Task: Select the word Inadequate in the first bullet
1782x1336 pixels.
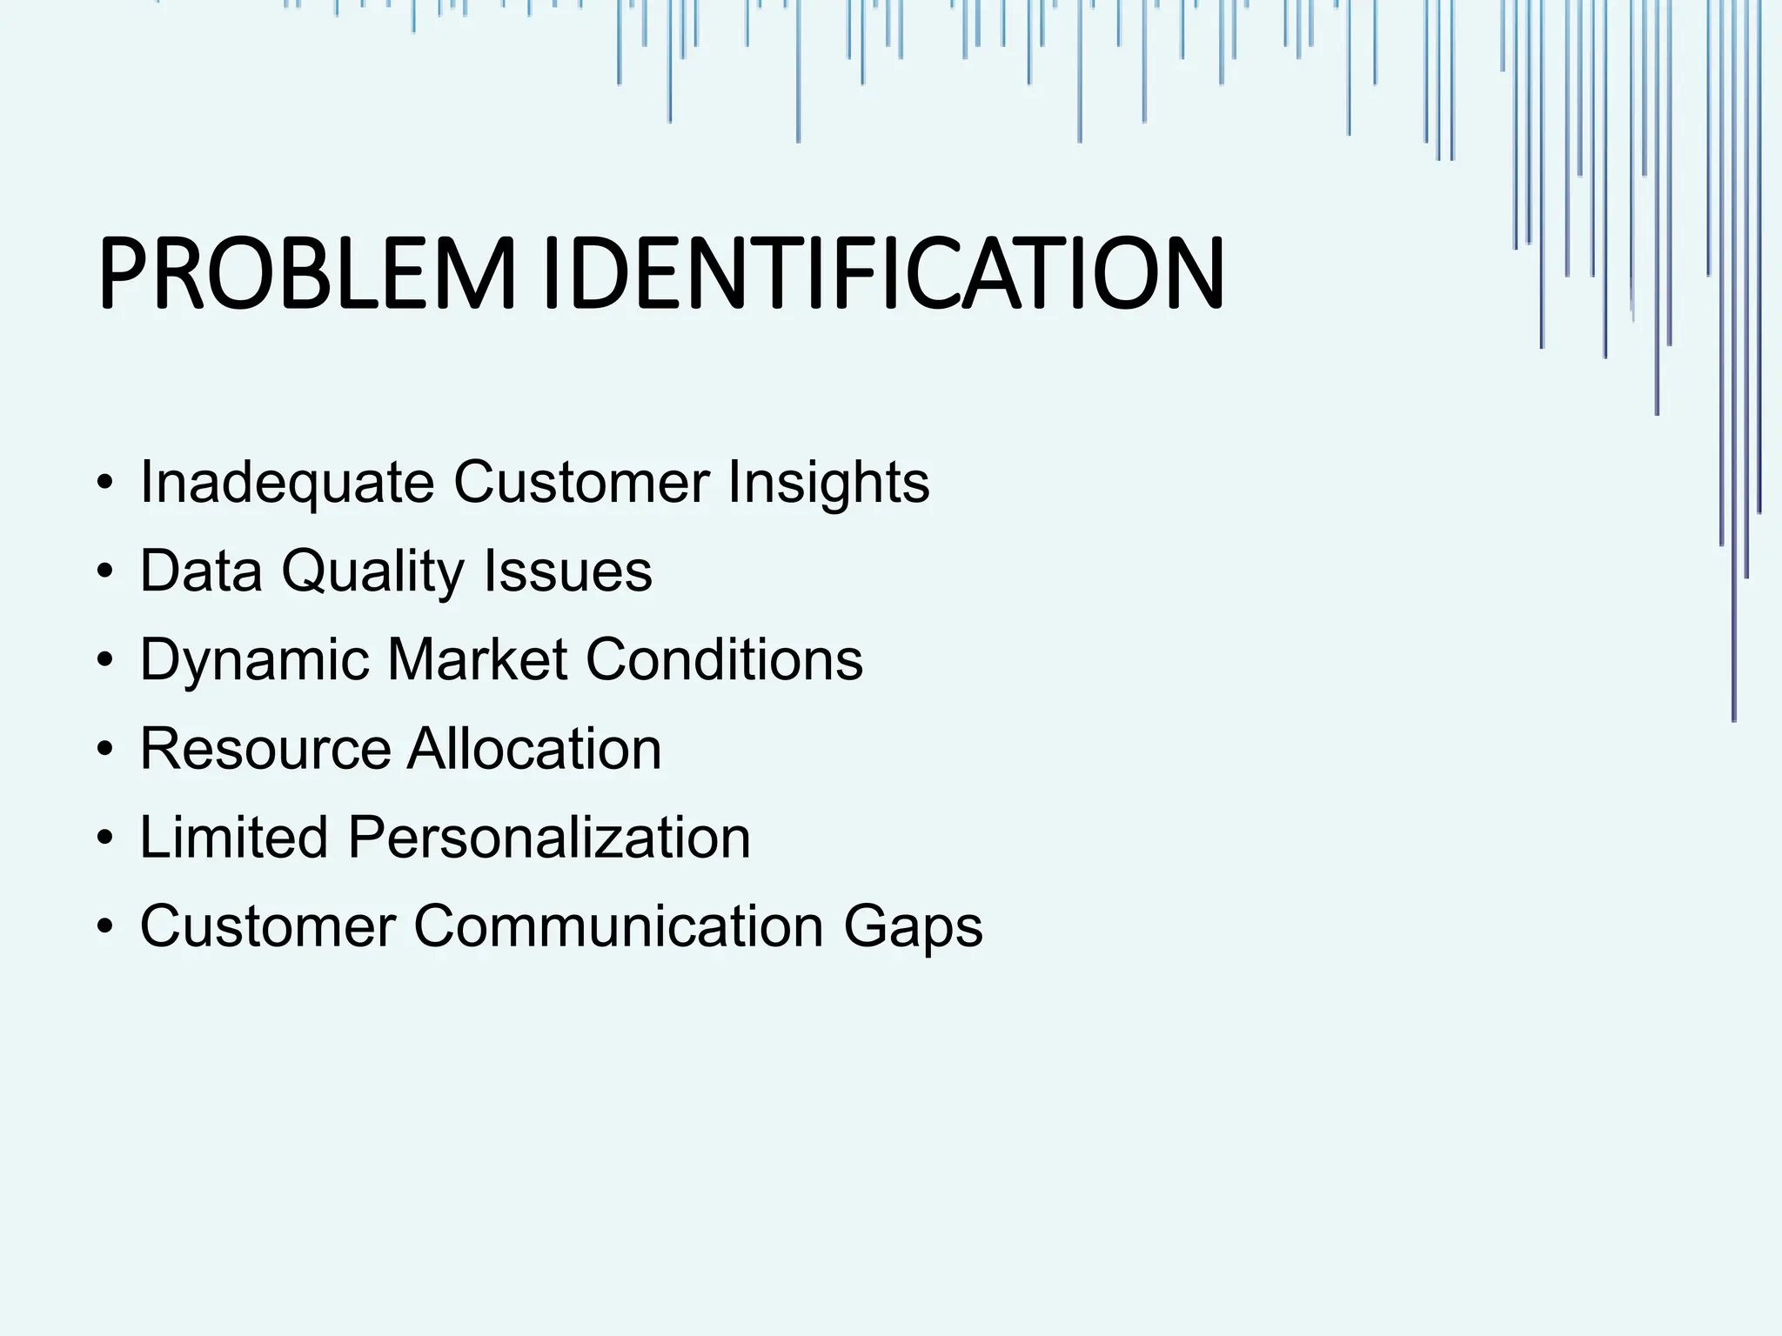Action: point(287,483)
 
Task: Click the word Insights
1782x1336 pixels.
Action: point(829,483)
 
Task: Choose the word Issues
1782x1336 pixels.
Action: point(567,571)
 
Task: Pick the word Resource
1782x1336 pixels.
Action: point(265,749)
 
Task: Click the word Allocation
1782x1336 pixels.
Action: point(534,749)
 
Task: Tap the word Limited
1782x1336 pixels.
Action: point(234,838)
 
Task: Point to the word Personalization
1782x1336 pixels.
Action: point(549,838)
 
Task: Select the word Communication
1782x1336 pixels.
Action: point(619,926)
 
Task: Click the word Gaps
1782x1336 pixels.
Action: point(913,928)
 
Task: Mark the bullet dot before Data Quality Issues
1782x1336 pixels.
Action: point(105,572)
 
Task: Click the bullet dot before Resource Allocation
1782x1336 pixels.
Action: point(105,750)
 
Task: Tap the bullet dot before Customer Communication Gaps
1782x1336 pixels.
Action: point(105,927)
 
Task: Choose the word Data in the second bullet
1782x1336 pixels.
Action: point(201,571)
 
